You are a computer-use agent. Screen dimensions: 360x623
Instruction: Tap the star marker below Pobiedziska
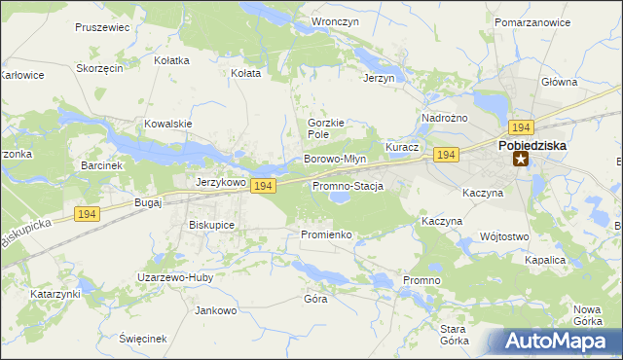521,161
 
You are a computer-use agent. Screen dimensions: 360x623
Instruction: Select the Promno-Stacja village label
348,186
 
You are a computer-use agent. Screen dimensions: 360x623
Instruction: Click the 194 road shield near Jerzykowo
261,186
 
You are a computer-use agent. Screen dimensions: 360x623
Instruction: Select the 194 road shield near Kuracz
446,155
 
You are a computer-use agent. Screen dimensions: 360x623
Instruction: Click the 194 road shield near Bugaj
87,214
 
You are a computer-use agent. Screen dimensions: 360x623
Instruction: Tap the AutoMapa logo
556,342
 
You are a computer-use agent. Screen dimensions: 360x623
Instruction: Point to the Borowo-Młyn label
335,159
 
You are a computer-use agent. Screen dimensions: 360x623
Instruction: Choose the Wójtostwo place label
504,236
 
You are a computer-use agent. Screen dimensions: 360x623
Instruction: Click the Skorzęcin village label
99,69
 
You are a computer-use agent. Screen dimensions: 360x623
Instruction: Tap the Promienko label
319,235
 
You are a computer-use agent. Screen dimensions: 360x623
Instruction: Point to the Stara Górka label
455,335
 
